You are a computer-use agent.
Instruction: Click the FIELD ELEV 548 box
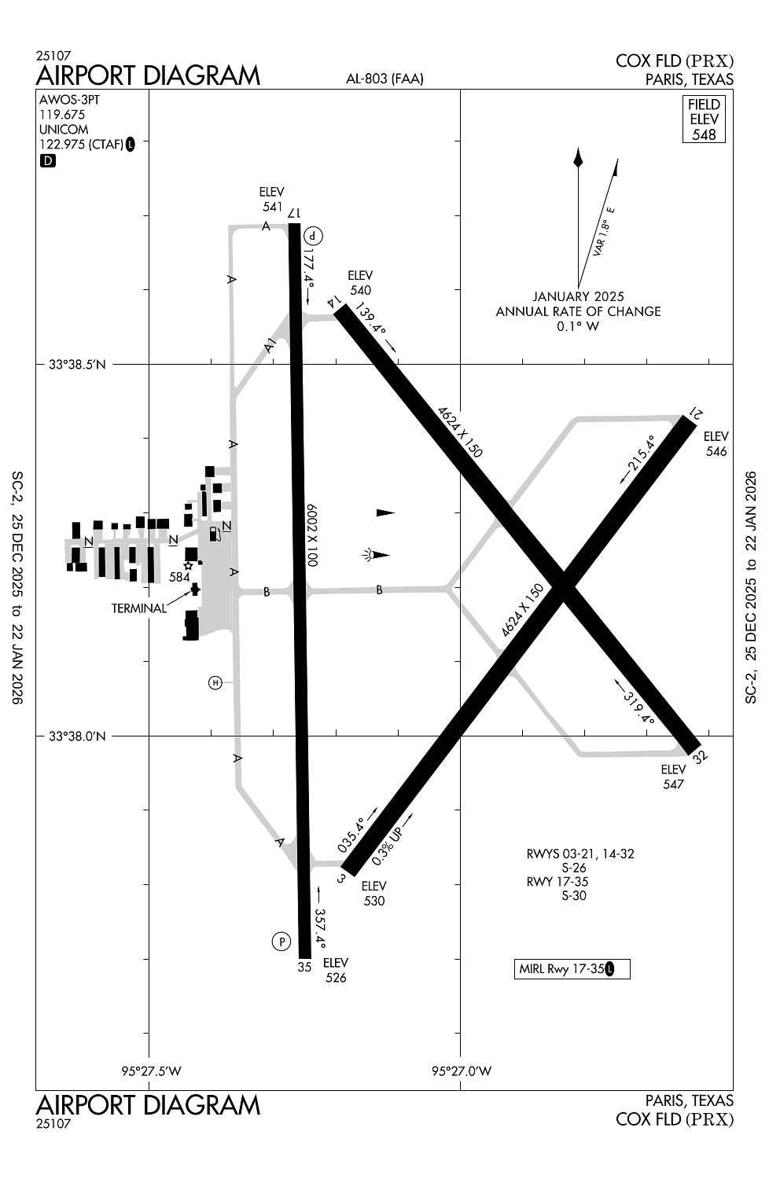coord(704,119)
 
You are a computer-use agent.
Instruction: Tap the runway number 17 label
coord(294,213)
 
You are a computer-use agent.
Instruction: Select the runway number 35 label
coord(304,967)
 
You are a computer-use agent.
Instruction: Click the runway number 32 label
coord(701,757)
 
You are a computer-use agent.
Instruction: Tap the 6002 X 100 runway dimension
coord(312,535)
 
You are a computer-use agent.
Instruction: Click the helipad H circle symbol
coord(215,683)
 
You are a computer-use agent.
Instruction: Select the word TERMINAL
coord(139,608)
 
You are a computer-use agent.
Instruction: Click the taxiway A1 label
coord(270,346)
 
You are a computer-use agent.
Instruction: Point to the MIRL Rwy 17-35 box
coord(572,969)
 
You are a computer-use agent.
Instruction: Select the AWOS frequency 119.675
coord(62,115)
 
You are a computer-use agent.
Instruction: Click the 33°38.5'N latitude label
coord(77,364)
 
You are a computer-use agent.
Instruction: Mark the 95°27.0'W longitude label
coord(462,1071)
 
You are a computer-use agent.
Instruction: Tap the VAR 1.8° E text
coord(604,232)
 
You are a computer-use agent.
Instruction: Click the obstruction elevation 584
coord(179,578)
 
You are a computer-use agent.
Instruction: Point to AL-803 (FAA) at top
coord(384,79)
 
